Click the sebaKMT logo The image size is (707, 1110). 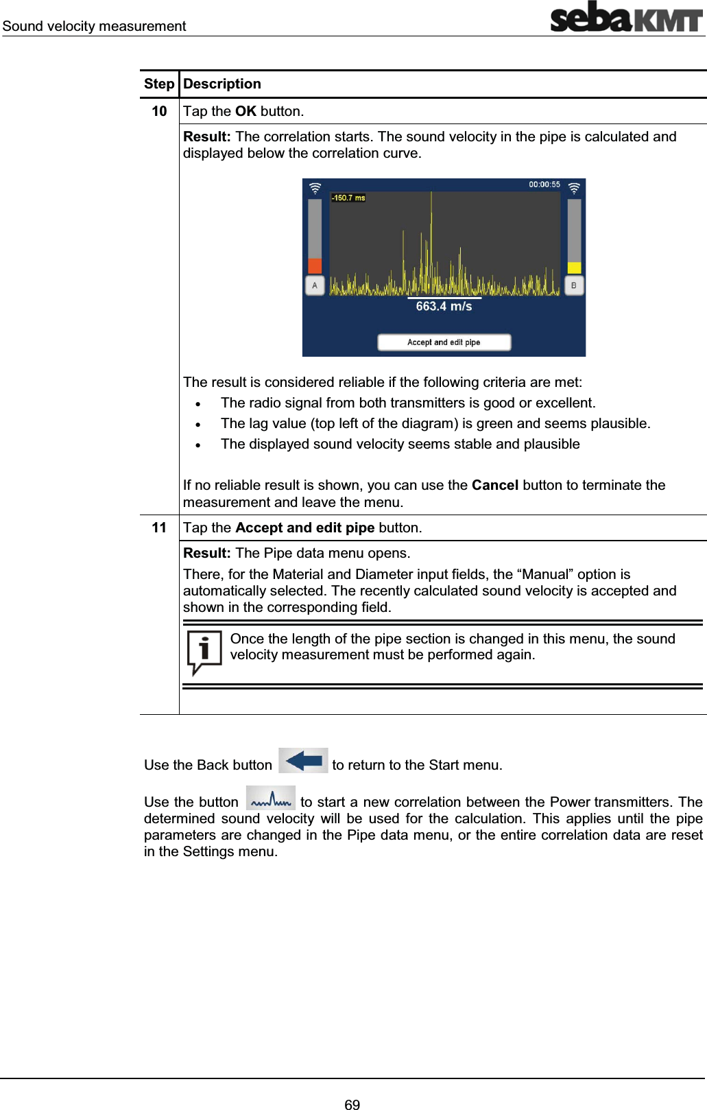click(626, 17)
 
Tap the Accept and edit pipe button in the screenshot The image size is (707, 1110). click(444, 342)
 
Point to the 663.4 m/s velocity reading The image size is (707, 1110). click(444, 307)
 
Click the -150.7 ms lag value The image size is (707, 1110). click(348, 198)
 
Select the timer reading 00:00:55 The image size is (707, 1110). click(544, 185)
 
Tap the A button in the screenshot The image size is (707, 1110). click(315, 285)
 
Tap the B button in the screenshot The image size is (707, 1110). click(574, 285)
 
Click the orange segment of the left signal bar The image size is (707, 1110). click(315, 265)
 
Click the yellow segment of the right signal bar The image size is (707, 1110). click(574, 268)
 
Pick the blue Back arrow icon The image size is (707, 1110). click(303, 761)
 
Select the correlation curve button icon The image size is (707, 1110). click(271, 799)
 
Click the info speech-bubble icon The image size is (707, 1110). click(204, 651)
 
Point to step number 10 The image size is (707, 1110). click(159, 111)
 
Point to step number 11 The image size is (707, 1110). click(159, 528)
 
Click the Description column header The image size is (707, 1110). click(222, 84)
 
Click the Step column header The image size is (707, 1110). click(159, 84)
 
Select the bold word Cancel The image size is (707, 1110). click(494, 485)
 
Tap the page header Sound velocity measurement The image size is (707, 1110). click(94, 26)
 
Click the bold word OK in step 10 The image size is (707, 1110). click(245, 111)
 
